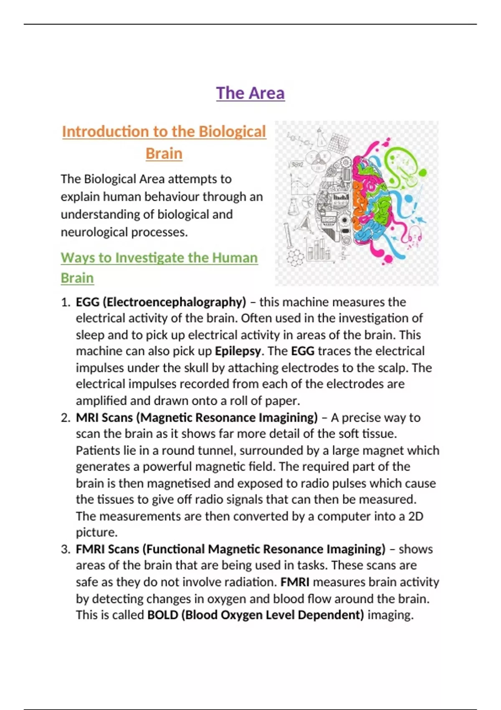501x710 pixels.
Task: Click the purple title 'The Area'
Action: coord(250,93)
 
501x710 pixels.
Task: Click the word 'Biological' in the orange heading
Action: coord(232,132)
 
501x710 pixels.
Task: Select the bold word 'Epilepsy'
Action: coord(238,351)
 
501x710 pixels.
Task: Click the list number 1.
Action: coord(65,302)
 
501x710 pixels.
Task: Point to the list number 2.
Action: coord(65,418)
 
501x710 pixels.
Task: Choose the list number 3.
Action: coord(65,549)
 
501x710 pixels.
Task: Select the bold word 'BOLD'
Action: coord(162,615)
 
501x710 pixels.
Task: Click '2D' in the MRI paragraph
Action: coord(415,517)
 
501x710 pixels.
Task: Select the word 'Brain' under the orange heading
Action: coord(164,154)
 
